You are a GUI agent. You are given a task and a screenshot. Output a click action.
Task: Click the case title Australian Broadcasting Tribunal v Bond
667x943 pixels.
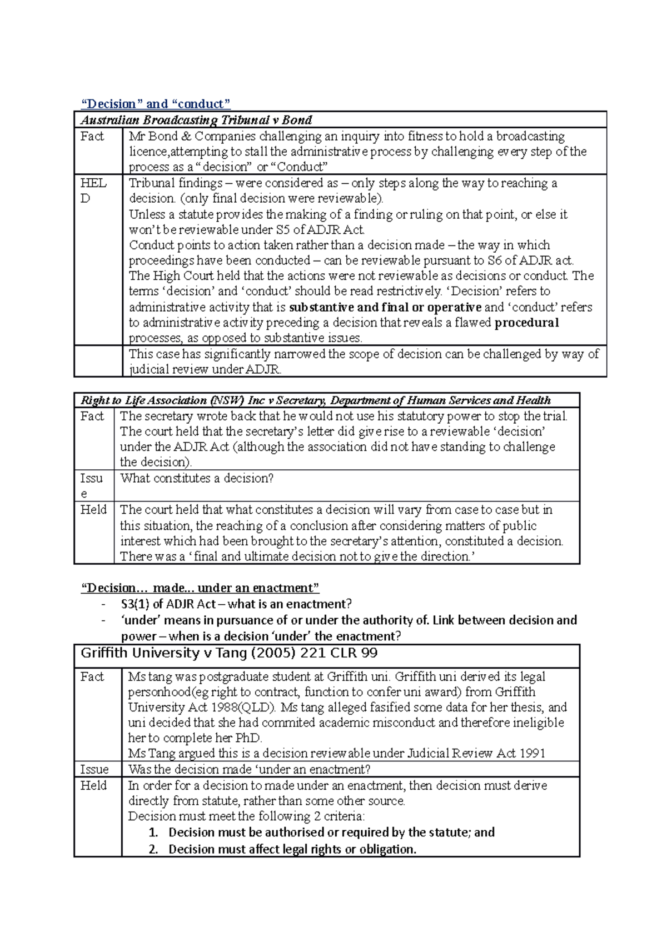[196, 120]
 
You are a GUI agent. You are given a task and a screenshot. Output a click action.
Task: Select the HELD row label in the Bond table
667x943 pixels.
[93, 190]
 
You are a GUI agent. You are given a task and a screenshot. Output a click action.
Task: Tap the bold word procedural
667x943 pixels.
[526, 323]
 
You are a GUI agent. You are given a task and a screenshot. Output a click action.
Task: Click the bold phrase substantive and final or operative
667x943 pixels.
[385, 307]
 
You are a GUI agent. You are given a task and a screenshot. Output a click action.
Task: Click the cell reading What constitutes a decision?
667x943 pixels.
[197, 478]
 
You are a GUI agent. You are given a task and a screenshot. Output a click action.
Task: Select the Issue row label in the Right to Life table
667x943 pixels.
[91, 485]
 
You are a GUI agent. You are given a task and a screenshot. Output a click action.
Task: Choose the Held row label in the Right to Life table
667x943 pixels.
[93, 510]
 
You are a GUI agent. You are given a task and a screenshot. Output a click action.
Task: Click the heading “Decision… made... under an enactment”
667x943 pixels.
[200, 588]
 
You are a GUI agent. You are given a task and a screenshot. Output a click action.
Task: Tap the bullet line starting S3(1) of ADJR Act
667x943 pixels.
[236, 604]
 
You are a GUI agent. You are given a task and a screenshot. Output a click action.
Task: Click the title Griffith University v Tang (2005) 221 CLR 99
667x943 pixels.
[229, 654]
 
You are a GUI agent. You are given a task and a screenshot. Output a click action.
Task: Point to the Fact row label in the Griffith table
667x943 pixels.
[92, 676]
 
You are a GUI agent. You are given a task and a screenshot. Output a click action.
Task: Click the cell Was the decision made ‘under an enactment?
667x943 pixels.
[249, 769]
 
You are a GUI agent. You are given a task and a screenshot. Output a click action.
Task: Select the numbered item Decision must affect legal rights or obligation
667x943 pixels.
[292, 849]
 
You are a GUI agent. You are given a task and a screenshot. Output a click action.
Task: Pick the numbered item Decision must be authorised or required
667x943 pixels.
[331, 832]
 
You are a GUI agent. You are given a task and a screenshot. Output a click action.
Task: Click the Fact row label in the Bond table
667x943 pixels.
[92, 136]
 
